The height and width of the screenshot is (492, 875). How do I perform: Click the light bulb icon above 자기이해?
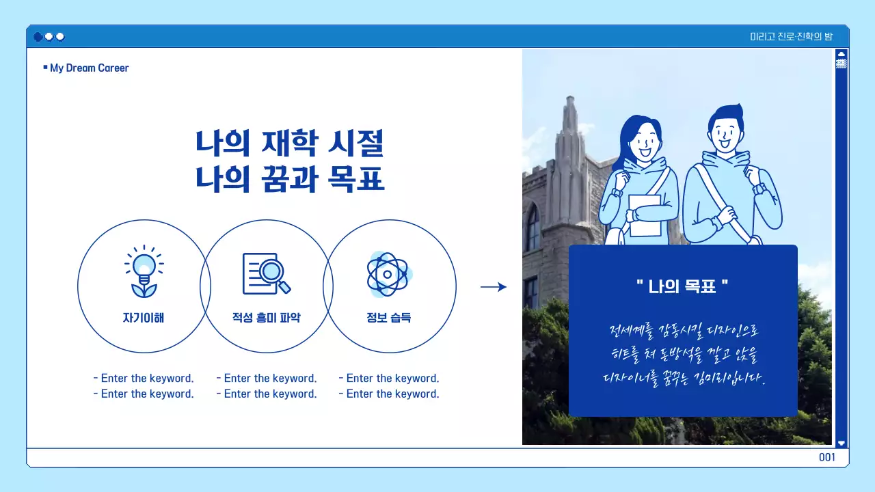coord(144,272)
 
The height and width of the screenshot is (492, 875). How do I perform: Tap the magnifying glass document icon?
coord(266,273)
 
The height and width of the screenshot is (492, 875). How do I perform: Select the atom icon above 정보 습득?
coord(388,274)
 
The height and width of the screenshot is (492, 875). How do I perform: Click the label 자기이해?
coord(144,318)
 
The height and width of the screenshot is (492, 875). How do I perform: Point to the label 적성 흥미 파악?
coord(266,318)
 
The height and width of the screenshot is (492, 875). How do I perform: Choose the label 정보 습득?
coord(388,318)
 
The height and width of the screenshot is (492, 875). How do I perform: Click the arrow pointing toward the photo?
coord(494,287)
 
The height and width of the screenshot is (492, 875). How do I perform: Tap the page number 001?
coord(827,457)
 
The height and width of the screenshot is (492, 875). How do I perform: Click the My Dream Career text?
coord(90,68)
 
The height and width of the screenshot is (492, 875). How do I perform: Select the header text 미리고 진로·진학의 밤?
coord(791,36)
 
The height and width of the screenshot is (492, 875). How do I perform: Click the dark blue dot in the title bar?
coord(38,36)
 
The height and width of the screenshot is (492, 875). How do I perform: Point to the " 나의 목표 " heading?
coord(682,286)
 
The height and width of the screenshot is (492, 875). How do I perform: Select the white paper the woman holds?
coord(645,215)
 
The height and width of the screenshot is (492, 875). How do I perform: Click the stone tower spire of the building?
coord(569,130)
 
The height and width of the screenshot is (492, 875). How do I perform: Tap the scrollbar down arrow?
coord(842,443)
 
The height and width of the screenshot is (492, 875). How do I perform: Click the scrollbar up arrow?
coord(842,54)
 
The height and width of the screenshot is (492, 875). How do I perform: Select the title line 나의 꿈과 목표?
coord(290,179)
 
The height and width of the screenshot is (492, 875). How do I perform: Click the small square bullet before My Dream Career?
coord(45,67)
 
